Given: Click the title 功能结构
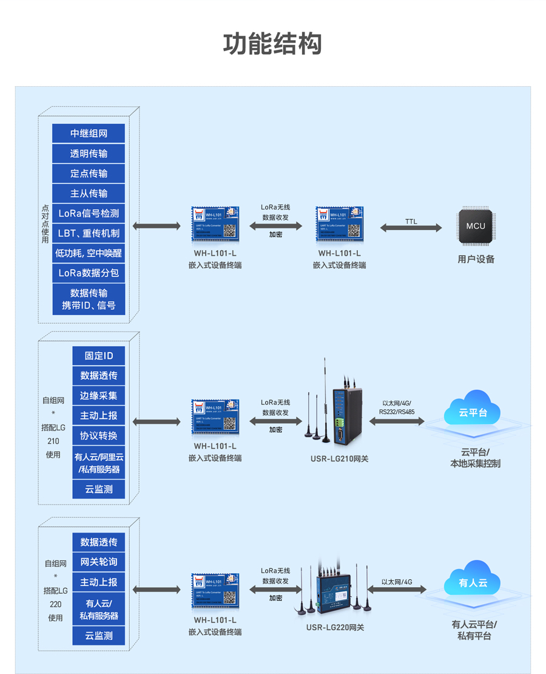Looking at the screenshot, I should coord(272,44).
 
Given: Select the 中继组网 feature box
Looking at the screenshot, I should coord(89,134).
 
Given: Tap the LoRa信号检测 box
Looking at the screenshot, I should coord(89,214).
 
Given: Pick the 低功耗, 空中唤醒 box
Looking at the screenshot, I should coord(89,253).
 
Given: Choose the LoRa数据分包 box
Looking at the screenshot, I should coord(89,273).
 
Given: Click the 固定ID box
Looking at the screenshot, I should coord(99,356).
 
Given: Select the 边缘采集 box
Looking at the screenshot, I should coord(99,396).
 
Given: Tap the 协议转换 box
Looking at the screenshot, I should coord(99,436).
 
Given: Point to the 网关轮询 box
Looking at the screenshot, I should coord(99,562).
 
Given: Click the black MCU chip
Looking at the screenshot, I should coord(476,226).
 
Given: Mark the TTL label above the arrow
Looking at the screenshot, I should coord(411,222).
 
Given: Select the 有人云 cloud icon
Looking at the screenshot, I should coord(473,582).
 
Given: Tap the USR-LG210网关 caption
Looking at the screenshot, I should coord(339,459).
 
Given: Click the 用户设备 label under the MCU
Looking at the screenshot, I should coord(476,259).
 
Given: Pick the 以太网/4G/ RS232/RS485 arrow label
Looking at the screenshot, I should coord(397,407).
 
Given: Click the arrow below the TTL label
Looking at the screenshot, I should coord(411,228).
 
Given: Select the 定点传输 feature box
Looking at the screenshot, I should coord(89,174).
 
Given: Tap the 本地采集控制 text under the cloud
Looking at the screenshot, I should coord(475,464).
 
